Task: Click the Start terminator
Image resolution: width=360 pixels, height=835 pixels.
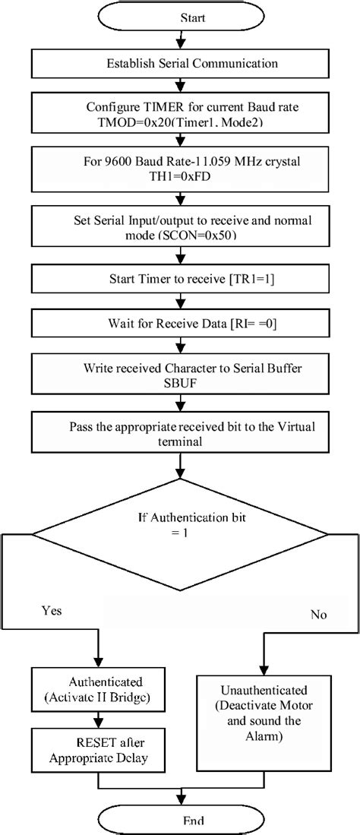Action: coord(180,15)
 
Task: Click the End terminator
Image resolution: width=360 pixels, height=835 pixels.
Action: coord(180,820)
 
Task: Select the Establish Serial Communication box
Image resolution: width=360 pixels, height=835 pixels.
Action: coord(180,63)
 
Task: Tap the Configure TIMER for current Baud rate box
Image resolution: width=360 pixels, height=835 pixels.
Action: coord(180,113)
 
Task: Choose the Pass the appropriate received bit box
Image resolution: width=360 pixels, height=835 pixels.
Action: coord(180,433)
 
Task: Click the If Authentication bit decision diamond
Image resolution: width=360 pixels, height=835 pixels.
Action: coord(180,527)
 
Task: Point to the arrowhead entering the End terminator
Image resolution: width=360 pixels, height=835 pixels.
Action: coord(180,801)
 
